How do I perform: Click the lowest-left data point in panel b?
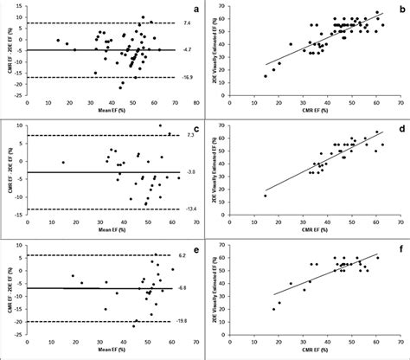click(x=266, y=76)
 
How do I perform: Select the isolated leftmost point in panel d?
click(x=266, y=196)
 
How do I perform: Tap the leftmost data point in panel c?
click(x=62, y=163)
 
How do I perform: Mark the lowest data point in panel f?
click(x=273, y=309)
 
